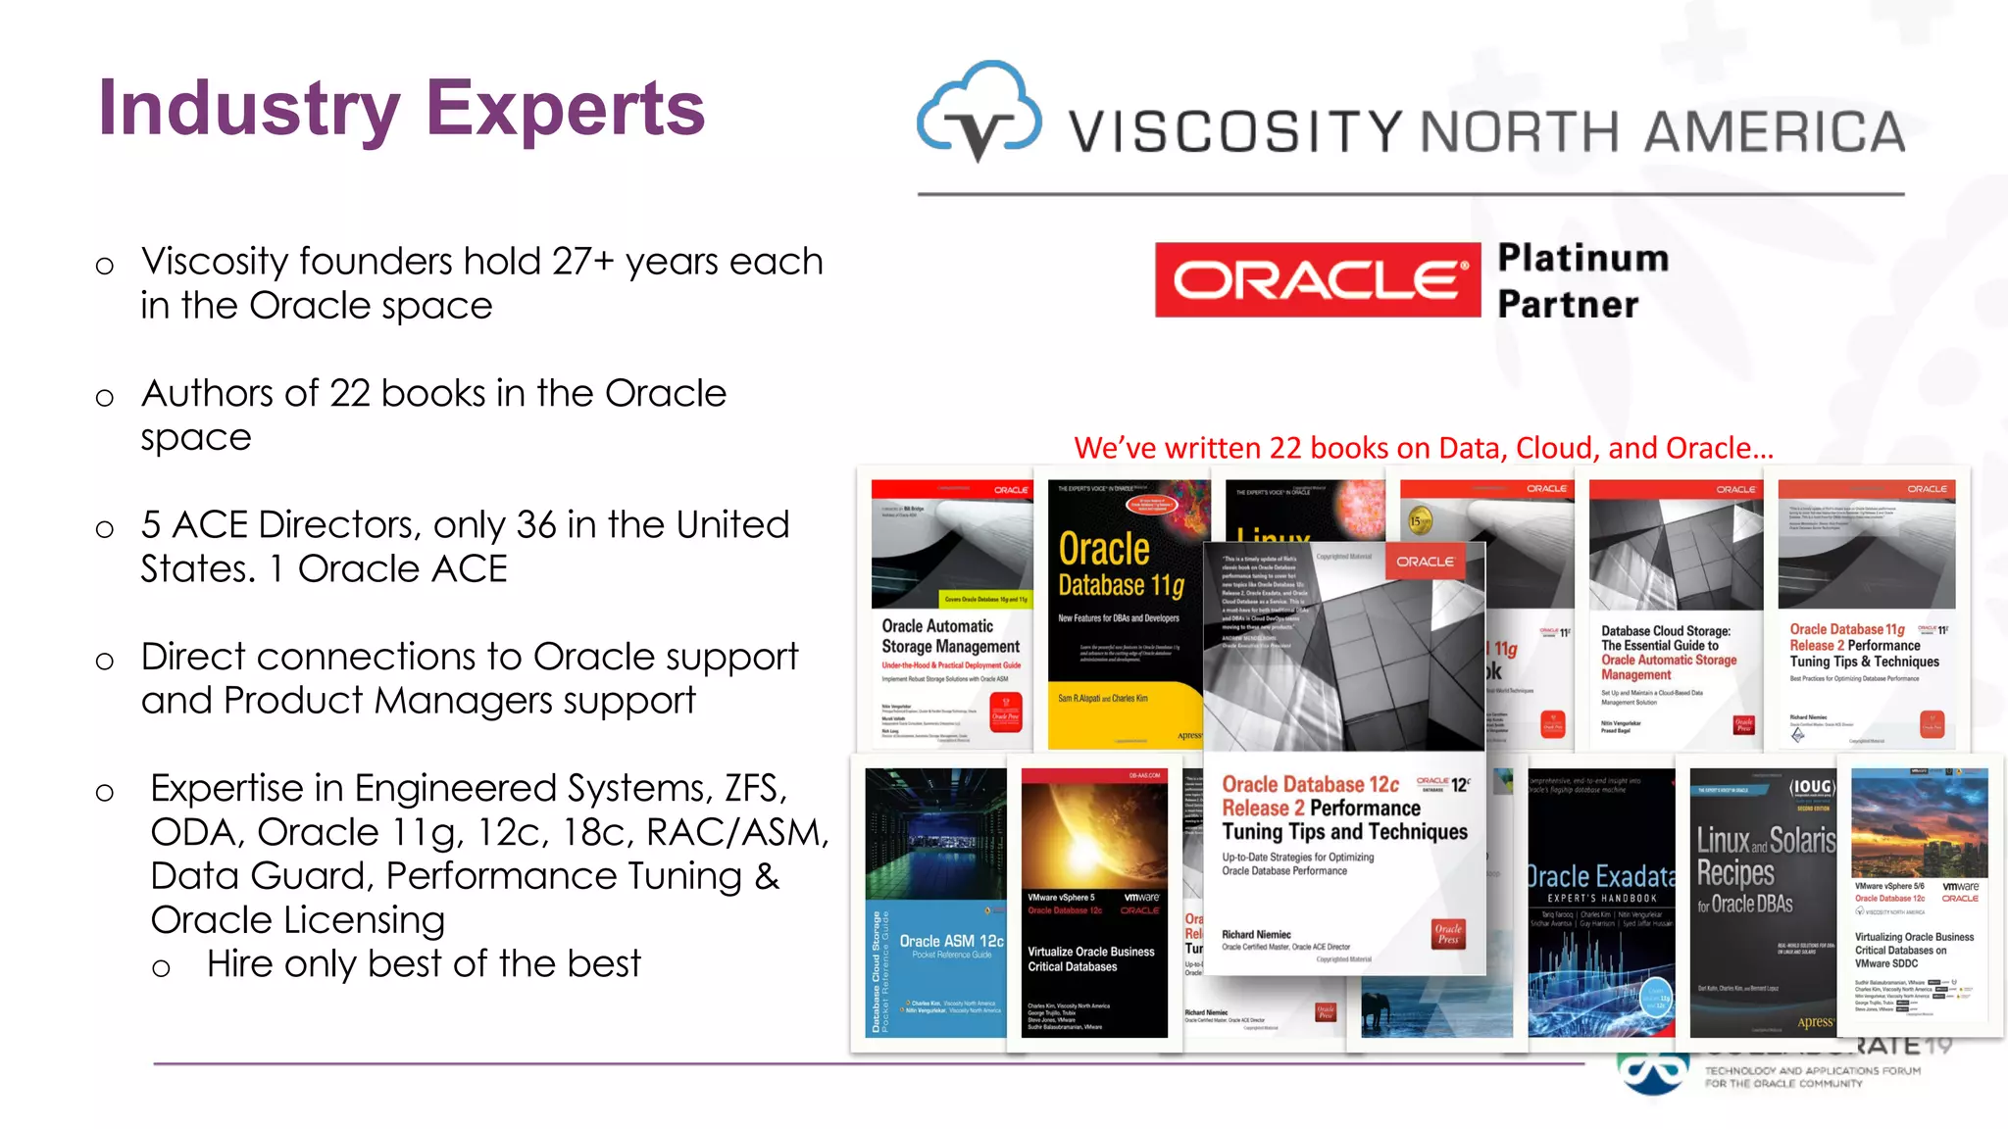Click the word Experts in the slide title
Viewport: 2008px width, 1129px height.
pyautogui.click(x=566, y=108)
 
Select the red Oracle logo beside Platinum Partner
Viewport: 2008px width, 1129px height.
pyautogui.click(x=1317, y=280)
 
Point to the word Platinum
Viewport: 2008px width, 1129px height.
pyautogui.click(x=1583, y=258)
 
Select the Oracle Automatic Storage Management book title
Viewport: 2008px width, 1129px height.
pyautogui.click(x=950, y=636)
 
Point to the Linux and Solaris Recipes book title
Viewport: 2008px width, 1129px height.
pyautogui.click(x=1764, y=869)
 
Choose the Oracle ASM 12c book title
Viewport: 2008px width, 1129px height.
pyautogui.click(x=951, y=941)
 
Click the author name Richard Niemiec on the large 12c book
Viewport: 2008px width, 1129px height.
pyautogui.click(x=1256, y=934)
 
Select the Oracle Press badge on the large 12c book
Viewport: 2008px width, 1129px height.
pyautogui.click(x=1448, y=934)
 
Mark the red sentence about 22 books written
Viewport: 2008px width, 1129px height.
pyautogui.click(x=1424, y=448)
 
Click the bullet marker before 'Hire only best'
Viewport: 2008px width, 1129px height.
pyautogui.click(x=161, y=968)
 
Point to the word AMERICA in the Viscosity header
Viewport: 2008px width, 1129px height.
pyautogui.click(x=1774, y=132)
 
